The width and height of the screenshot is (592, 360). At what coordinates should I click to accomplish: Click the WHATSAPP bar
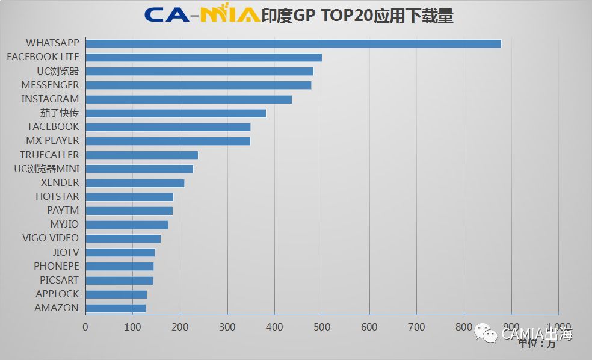tap(293, 43)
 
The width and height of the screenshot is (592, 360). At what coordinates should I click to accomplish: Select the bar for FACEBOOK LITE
tap(203, 57)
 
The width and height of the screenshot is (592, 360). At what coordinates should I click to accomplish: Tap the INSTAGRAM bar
tap(188, 99)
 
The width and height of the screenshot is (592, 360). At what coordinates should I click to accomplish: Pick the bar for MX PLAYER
tap(168, 141)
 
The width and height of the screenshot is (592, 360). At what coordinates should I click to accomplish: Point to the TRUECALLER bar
tap(141, 155)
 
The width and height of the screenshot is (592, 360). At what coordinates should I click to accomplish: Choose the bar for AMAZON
tap(116, 308)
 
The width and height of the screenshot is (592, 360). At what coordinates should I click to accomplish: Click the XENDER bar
tap(135, 183)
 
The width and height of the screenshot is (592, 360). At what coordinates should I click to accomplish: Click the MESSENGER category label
tap(50, 85)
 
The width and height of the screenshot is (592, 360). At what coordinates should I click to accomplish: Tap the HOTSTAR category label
tap(57, 196)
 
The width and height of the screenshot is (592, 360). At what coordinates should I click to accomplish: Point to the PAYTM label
tap(63, 210)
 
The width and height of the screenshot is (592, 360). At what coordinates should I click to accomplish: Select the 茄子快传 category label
tap(59, 113)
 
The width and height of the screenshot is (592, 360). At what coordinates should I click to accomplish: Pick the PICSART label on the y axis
tap(59, 280)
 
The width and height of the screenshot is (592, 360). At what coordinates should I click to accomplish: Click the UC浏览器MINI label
tap(46, 169)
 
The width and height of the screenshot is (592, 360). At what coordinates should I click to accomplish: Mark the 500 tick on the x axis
tap(322, 327)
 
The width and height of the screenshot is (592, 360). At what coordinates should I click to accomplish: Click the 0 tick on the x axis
tap(85, 327)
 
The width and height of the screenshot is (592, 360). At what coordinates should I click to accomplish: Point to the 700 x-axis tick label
tap(416, 327)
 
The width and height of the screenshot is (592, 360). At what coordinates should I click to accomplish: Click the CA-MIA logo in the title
tap(202, 15)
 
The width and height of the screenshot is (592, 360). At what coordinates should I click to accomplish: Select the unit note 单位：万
tap(537, 344)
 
